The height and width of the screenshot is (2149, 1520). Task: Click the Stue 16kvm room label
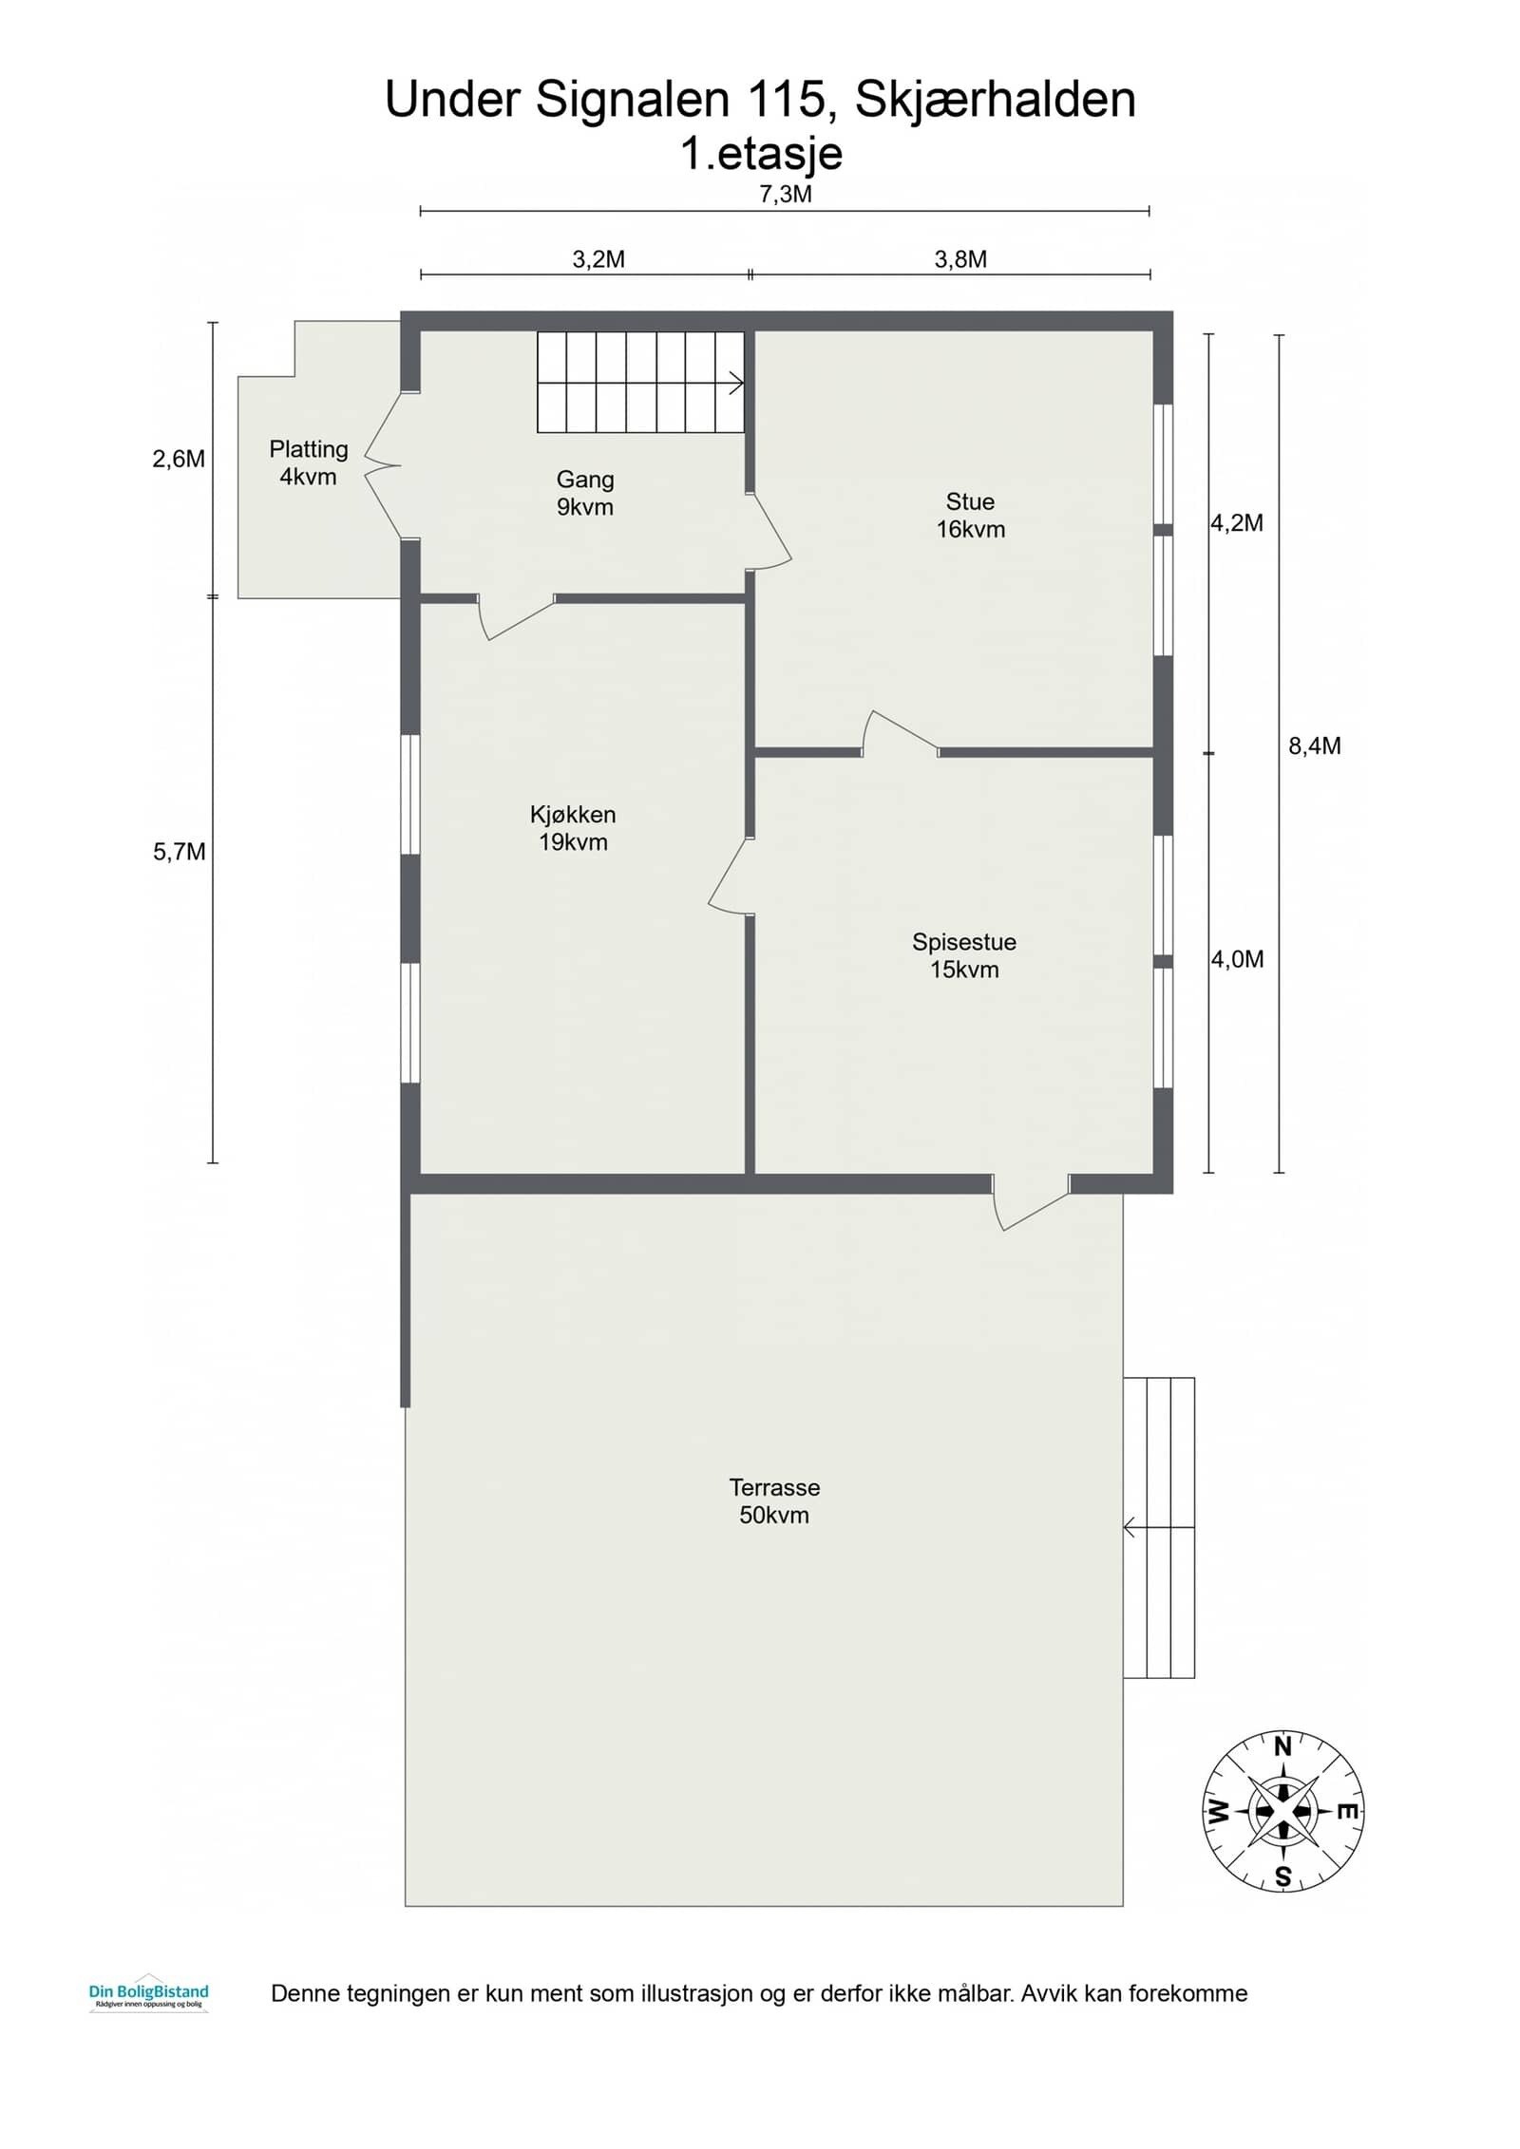(970, 516)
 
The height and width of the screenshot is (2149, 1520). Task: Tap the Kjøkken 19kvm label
(573, 828)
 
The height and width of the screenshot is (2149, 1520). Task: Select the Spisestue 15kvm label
(964, 955)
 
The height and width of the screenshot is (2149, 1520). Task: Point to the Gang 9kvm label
(585, 493)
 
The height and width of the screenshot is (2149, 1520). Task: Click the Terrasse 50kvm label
(774, 1500)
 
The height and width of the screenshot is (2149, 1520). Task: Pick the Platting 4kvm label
(309, 462)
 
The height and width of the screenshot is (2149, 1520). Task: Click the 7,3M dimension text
(786, 195)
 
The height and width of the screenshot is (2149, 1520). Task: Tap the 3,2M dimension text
(598, 259)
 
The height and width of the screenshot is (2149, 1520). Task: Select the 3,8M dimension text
(960, 259)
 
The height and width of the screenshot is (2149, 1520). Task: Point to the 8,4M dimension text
(1315, 746)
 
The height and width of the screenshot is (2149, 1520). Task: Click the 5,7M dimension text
(180, 852)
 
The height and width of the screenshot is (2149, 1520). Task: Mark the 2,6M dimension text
(179, 459)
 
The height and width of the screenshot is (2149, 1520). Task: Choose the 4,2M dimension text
(1237, 523)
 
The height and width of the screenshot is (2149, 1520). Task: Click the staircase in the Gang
(640, 382)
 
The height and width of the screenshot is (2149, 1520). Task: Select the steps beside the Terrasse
(1159, 1529)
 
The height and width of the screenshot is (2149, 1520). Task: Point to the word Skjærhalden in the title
(996, 100)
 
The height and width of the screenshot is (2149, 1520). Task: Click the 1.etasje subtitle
(761, 154)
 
